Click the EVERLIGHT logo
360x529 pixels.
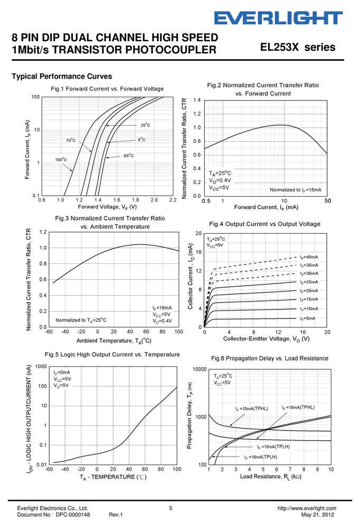[279, 18]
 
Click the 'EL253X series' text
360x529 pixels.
[298, 47]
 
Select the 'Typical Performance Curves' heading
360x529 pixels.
[62, 76]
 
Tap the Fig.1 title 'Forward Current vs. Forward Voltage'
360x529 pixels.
[115, 89]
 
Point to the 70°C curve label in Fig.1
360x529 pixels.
[71, 140]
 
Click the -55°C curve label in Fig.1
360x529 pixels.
[128, 156]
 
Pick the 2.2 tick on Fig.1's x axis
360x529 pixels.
[172, 200]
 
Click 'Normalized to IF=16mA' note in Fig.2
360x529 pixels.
[296, 190]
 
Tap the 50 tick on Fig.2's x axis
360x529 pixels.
[328, 200]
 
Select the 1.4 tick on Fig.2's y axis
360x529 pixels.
[197, 100]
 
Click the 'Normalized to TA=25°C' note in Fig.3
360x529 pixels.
[81, 320]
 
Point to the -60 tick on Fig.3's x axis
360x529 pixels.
[49, 332]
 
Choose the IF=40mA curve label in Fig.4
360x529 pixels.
[309, 257]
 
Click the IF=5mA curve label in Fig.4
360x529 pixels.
[308, 318]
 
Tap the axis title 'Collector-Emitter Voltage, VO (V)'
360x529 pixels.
[266, 339]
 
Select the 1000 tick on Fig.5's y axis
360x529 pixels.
[41, 367]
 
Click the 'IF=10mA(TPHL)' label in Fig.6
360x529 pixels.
[252, 409]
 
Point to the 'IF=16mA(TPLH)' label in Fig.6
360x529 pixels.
[261, 457]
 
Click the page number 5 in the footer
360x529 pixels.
[171, 508]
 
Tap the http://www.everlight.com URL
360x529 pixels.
[307, 508]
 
